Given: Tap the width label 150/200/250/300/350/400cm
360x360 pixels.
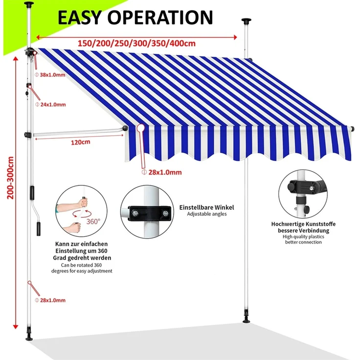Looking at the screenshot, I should [136, 43].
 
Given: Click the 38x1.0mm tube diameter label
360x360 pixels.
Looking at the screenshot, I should [52, 75].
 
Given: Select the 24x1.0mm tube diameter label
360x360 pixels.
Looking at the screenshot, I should [52, 104].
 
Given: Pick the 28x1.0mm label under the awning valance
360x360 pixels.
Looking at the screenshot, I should [165, 172].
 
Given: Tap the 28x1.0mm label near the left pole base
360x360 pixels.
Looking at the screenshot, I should [52, 300].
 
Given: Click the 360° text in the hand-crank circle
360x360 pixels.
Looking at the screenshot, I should [93, 221].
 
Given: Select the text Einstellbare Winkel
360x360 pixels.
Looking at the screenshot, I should [206, 207].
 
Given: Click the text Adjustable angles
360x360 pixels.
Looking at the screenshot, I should [206, 214].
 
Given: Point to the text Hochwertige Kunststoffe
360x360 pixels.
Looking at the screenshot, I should [303, 224].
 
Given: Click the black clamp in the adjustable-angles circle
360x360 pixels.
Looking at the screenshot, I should [150, 213].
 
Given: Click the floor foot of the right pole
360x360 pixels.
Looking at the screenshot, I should [246, 321].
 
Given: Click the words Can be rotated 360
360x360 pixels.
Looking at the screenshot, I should [82, 265].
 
